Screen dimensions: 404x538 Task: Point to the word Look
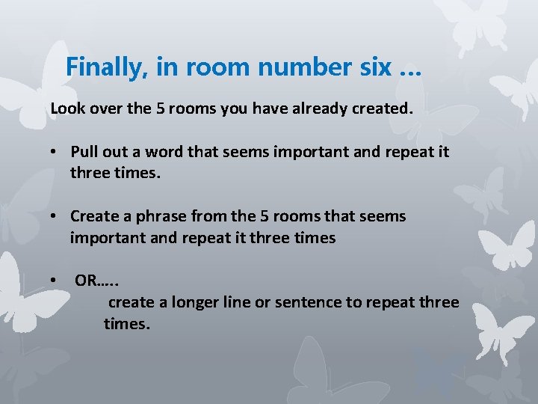[x=66, y=108]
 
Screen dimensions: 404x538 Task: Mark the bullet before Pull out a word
[x=55, y=153]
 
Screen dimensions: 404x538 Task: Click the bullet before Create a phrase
[x=55, y=217]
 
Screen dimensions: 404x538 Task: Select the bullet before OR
[x=55, y=281]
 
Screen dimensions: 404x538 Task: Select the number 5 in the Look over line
[x=161, y=108]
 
